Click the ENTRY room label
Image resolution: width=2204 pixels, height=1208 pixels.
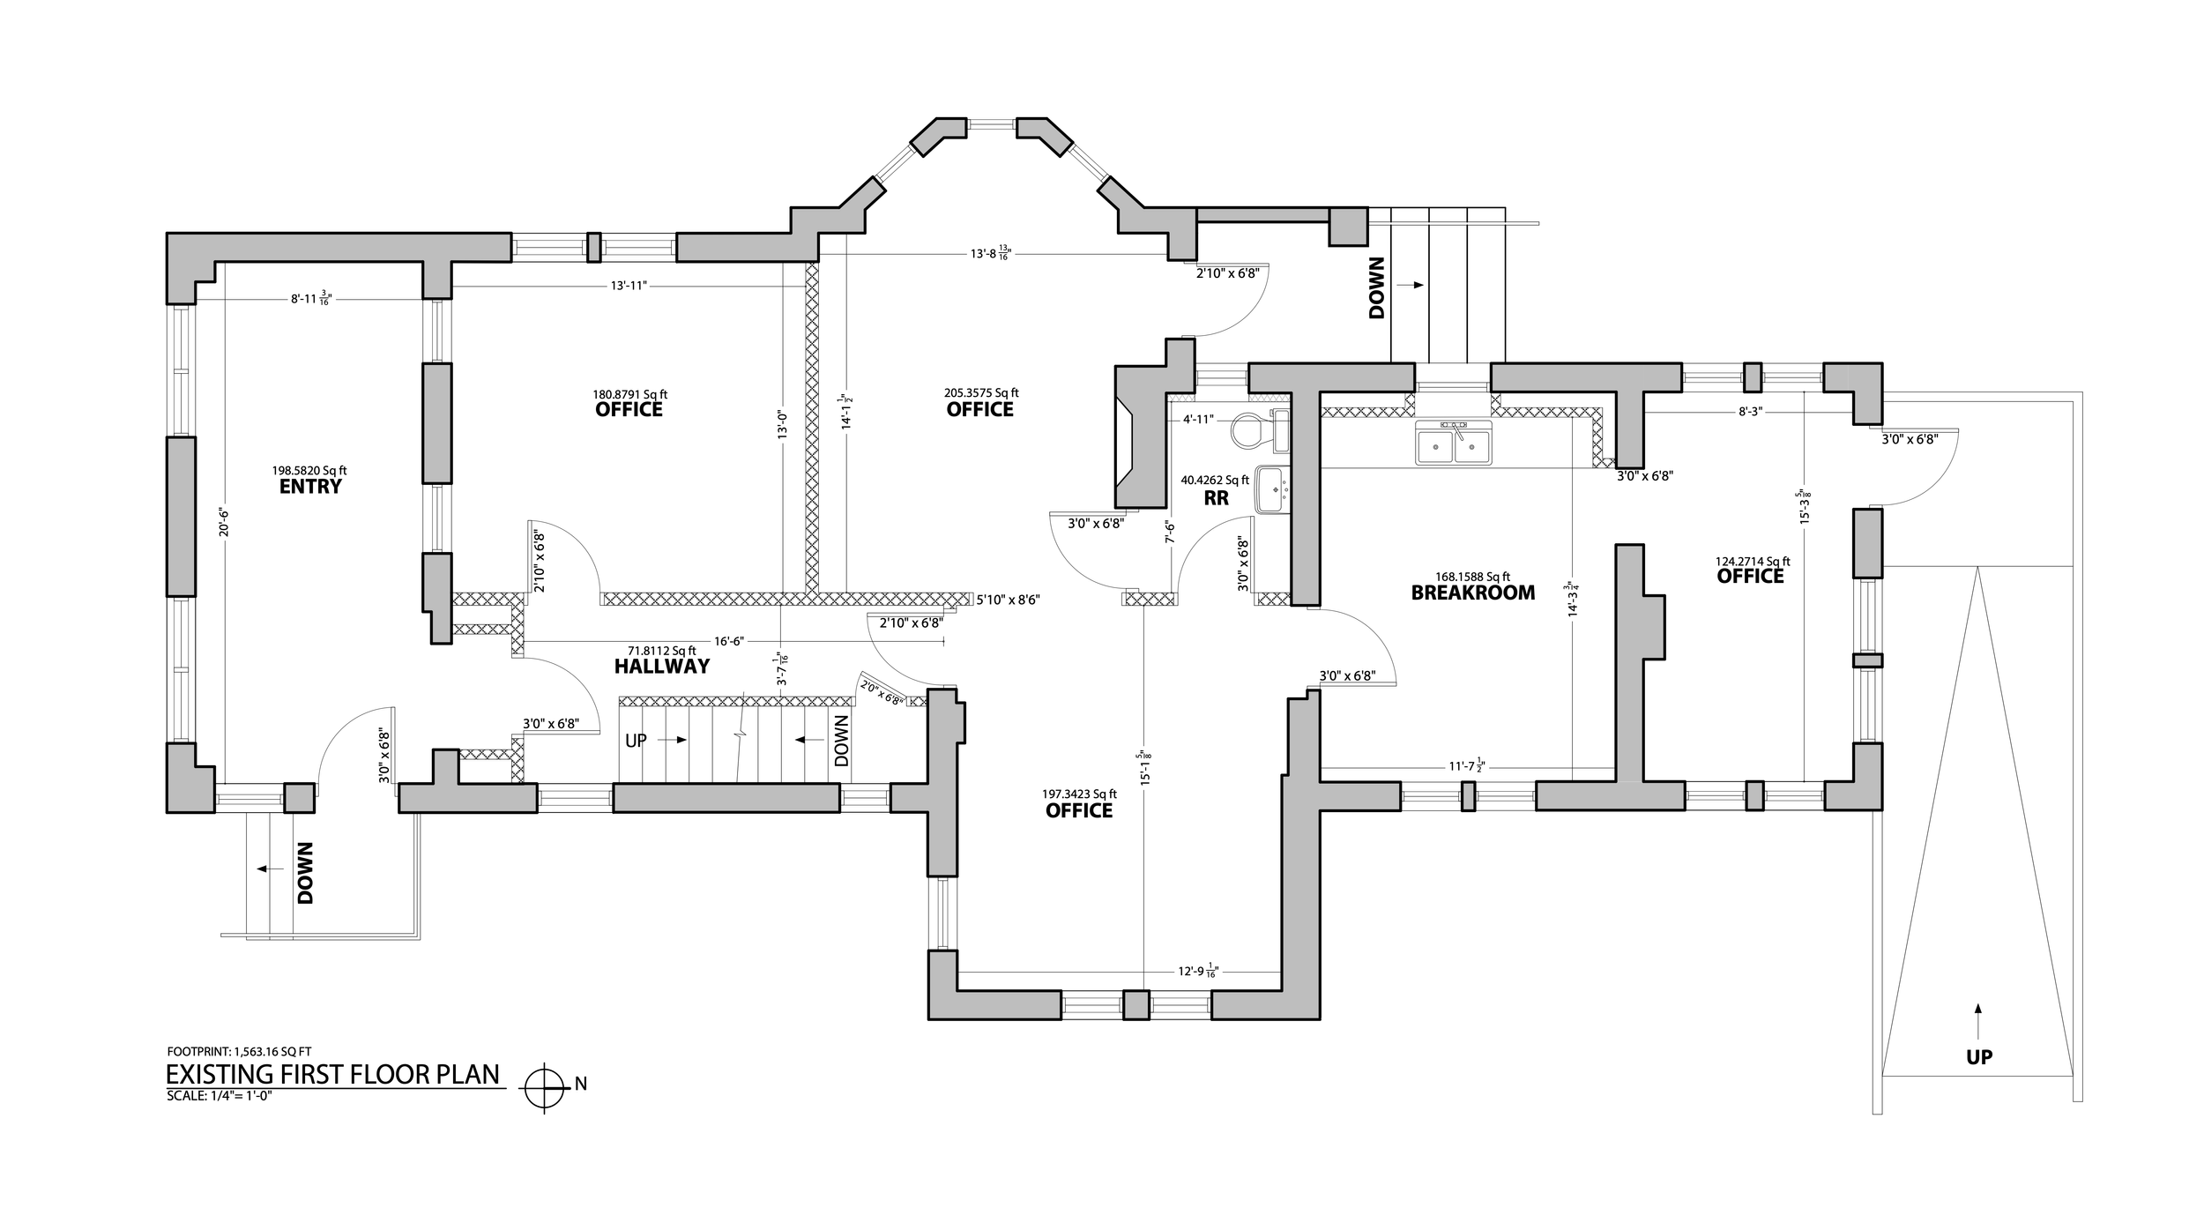pyautogui.click(x=310, y=487)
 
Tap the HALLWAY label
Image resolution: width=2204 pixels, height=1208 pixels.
pyautogui.click(x=662, y=667)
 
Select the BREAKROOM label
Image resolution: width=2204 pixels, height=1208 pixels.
pyautogui.click(x=1472, y=593)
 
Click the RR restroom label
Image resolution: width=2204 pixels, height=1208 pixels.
pyautogui.click(x=1217, y=498)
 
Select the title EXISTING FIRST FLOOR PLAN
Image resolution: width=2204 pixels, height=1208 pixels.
pyautogui.click(x=333, y=1075)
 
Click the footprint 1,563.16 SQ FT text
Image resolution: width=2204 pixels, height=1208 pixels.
pyautogui.click(x=239, y=1051)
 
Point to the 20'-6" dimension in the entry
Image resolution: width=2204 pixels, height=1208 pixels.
pyautogui.click(x=225, y=529)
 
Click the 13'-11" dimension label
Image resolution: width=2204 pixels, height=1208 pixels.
pyautogui.click(x=629, y=287)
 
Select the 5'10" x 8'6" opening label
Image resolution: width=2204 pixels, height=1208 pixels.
pyautogui.click(x=1009, y=600)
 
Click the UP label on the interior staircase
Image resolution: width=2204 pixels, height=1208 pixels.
pyautogui.click(x=636, y=741)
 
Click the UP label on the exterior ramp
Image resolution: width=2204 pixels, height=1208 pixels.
pyautogui.click(x=1979, y=1056)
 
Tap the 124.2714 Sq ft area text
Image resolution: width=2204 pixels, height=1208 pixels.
pyautogui.click(x=1752, y=561)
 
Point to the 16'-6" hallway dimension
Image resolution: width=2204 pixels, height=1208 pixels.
pyautogui.click(x=726, y=642)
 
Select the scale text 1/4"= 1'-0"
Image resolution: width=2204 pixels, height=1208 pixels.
pyautogui.click(x=220, y=1097)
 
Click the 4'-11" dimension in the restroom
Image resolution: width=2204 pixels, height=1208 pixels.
pyautogui.click(x=1199, y=420)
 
